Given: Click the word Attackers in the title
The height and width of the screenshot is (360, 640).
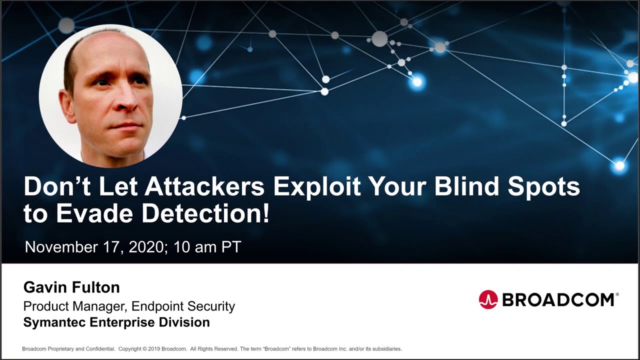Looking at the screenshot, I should tap(204, 187).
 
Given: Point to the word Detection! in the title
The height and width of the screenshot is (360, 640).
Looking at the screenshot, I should tap(205, 213).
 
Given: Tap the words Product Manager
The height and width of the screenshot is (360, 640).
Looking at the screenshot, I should tap(75, 306).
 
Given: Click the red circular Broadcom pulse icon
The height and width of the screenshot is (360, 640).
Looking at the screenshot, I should tap(488, 299).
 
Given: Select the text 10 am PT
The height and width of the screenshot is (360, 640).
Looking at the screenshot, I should tap(207, 247).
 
